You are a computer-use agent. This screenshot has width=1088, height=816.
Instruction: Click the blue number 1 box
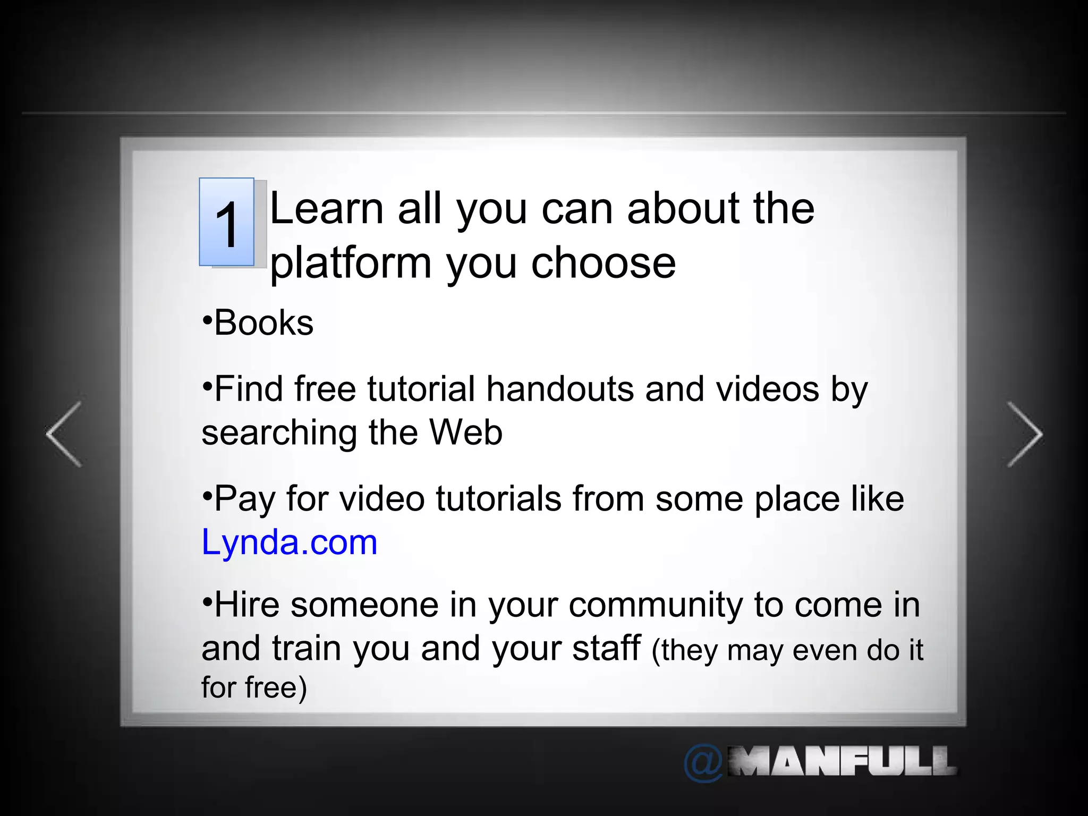227,222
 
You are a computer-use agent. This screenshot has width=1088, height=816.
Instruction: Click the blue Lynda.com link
290,543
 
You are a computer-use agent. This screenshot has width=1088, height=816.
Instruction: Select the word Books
264,323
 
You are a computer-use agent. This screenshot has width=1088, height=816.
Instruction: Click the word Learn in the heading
327,208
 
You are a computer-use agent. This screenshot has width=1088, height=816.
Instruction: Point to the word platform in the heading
351,263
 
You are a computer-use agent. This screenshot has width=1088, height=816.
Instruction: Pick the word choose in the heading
603,263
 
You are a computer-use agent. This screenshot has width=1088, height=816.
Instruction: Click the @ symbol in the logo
703,763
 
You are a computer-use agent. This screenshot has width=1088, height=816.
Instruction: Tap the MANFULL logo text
842,762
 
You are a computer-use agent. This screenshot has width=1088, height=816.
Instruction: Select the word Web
466,432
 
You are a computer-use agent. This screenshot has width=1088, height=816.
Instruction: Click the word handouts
560,389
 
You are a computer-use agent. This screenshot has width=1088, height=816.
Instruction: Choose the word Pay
245,499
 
